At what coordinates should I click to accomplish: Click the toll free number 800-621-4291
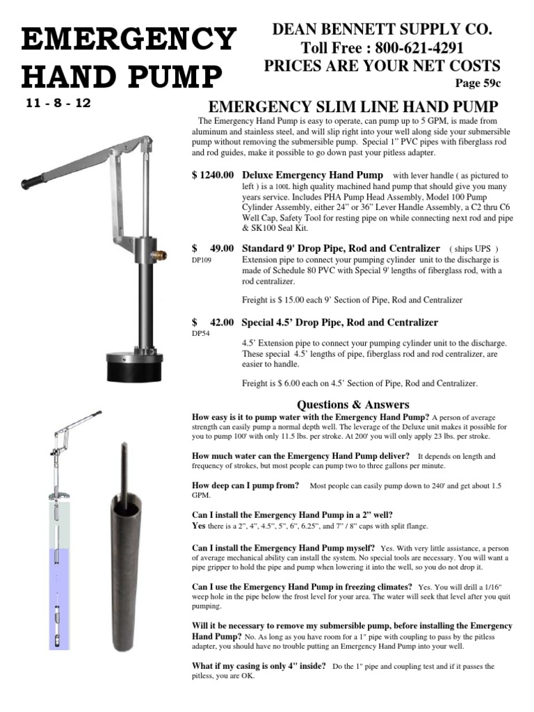click(419, 48)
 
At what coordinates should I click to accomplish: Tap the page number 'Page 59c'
click(478, 83)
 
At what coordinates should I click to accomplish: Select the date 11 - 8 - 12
click(58, 103)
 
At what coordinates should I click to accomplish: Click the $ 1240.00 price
click(213, 175)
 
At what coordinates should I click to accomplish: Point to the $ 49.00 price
click(213, 248)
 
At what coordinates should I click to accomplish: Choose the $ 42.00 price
click(213, 323)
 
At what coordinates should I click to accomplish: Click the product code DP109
click(202, 260)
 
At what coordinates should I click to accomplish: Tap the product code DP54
click(201, 334)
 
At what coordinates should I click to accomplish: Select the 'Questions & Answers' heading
click(353, 405)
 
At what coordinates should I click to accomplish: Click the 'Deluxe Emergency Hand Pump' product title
click(312, 175)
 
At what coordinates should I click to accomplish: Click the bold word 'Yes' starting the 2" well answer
click(198, 526)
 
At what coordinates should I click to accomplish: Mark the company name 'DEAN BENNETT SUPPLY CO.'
click(382, 29)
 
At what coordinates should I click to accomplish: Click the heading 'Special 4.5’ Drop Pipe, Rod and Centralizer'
click(339, 323)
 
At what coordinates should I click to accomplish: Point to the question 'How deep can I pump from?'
click(245, 485)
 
